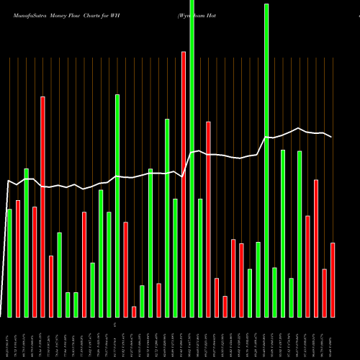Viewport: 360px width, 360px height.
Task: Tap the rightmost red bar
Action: click(x=333, y=280)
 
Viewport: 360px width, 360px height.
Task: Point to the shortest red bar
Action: click(x=134, y=312)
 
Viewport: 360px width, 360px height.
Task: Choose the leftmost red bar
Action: click(x=18, y=258)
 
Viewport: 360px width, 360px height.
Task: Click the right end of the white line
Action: click(x=332, y=137)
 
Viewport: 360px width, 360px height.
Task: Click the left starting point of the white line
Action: click(x=6, y=181)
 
